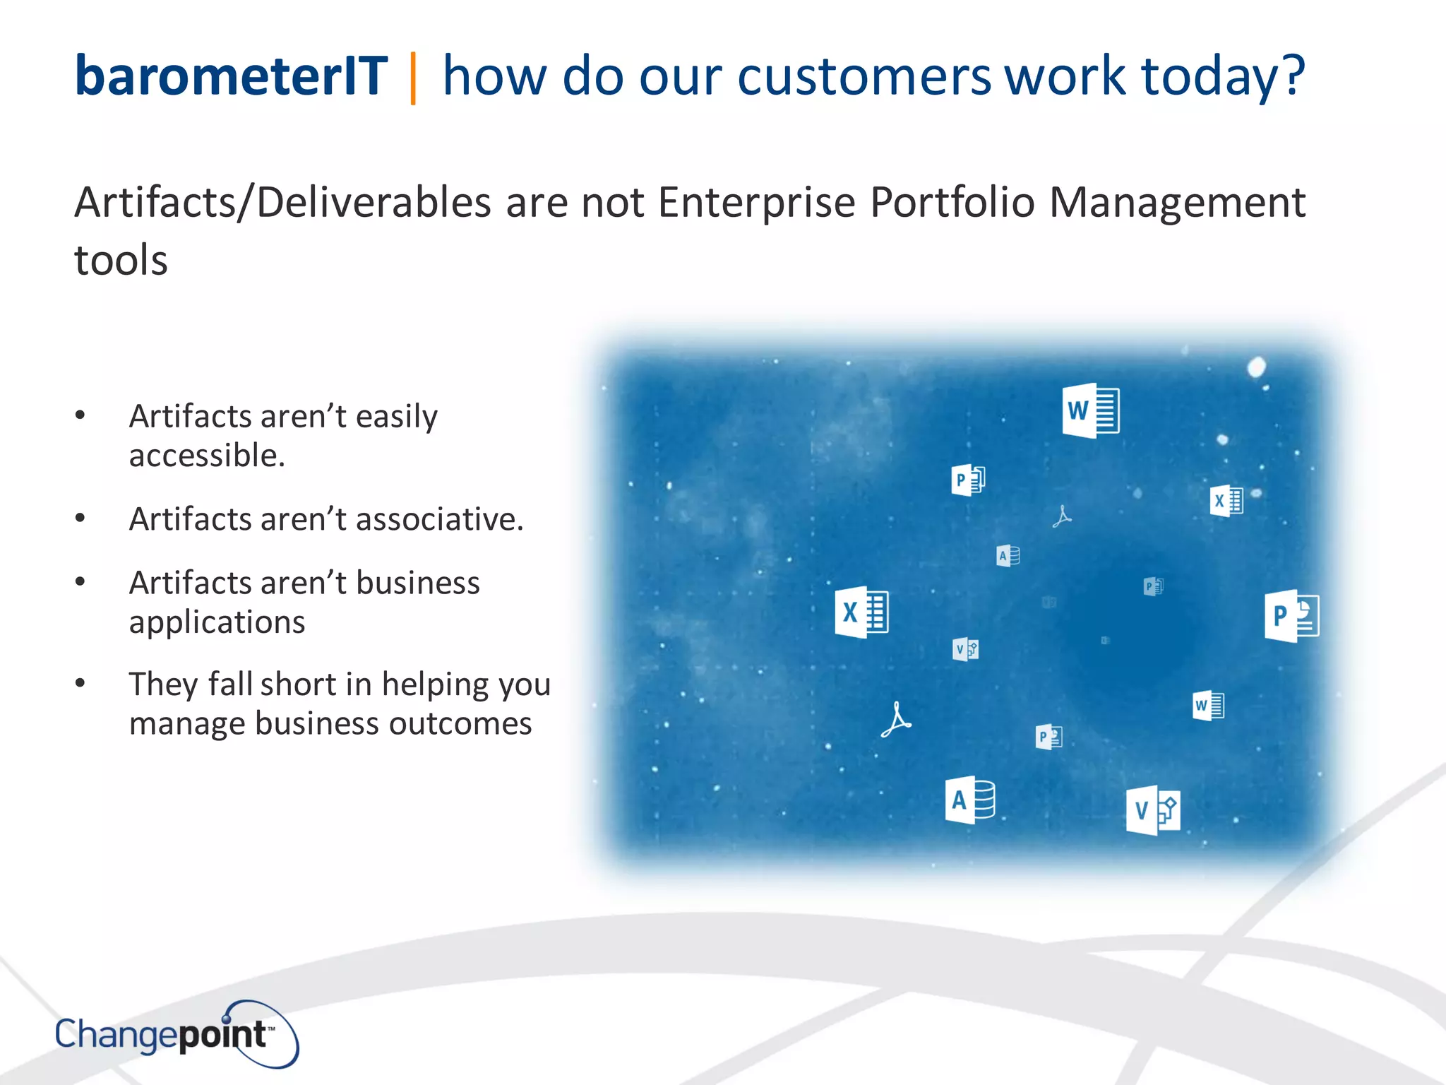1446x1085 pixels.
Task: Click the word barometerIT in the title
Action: point(231,76)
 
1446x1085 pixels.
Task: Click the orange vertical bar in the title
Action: point(413,78)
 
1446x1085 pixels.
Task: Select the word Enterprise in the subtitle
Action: point(756,203)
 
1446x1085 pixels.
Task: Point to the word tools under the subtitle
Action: point(121,261)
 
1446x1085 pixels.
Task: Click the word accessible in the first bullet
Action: point(206,456)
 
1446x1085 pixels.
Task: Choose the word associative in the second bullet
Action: point(439,519)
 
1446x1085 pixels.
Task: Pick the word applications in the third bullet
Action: point(217,622)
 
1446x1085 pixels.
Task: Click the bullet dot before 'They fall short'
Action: point(80,683)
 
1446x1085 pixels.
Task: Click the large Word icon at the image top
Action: point(1090,410)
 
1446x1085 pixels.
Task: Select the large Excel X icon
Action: point(861,612)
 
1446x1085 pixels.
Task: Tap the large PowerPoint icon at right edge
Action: point(1291,615)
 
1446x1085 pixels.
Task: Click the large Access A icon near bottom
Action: point(969,800)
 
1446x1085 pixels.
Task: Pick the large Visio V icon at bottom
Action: point(1152,810)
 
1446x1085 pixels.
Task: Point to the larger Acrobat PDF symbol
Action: point(895,720)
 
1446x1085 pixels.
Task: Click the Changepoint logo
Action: point(177,1034)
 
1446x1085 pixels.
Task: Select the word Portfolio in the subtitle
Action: point(952,203)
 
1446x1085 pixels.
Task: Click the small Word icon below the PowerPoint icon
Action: point(1208,705)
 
